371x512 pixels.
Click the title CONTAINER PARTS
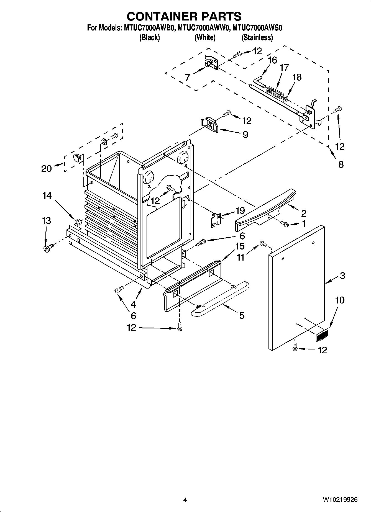[x=184, y=16]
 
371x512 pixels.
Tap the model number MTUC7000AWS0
[x=257, y=28]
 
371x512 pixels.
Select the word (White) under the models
[x=205, y=38]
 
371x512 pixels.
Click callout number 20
[x=47, y=168]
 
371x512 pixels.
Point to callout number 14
[x=47, y=196]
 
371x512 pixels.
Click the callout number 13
[x=46, y=221]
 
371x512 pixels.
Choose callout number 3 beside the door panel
[x=342, y=276]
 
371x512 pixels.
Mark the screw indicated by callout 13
[x=47, y=248]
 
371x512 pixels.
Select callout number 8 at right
[x=341, y=164]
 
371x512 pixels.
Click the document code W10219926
[x=340, y=500]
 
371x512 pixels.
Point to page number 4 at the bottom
[x=185, y=500]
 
